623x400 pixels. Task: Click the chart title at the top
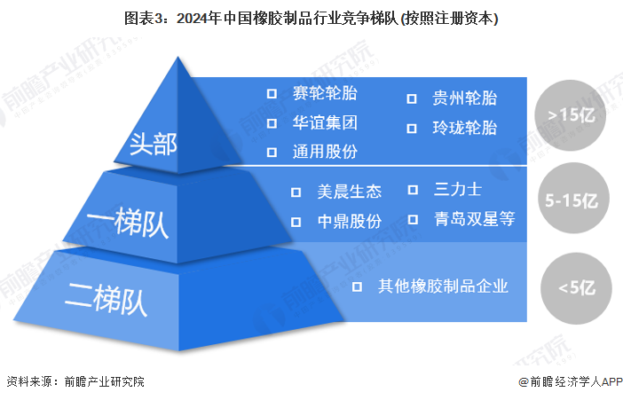click(x=311, y=18)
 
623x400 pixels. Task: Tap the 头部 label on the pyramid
click(x=152, y=144)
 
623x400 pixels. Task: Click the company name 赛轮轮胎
click(x=325, y=93)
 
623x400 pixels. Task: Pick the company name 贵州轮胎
click(x=464, y=98)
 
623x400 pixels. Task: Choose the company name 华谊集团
click(x=325, y=122)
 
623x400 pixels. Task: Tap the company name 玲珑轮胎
click(x=464, y=128)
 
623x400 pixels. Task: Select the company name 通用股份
click(x=325, y=151)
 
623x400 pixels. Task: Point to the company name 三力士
click(x=458, y=190)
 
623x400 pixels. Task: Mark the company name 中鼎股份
click(x=349, y=221)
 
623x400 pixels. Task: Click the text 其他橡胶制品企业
click(x=443, y=286)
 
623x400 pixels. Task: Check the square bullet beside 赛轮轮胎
click(x=272, y=93)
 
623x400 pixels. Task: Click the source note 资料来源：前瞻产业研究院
click(x=75, y=382)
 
